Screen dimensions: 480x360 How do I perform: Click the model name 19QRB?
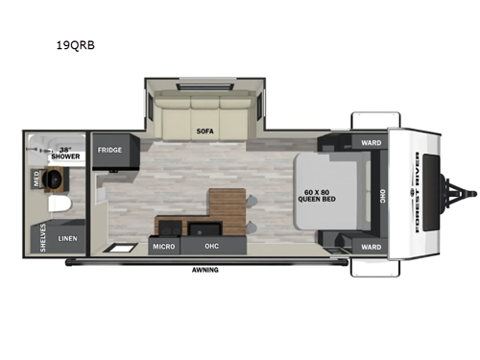click(x=76, y=45)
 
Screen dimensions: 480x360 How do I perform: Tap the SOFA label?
click(x=204, y=132)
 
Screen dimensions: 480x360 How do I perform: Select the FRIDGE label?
click(x=109, y=150)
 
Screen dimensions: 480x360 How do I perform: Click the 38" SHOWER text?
click(x=65, y=154)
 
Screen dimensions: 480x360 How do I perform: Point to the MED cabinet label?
click(x=36, y=180)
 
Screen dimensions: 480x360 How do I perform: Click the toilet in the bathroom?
click(x=60, y=204)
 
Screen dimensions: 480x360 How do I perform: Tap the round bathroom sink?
click(x=53, y=179)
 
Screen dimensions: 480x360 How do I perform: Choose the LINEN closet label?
click(x=67, y=238)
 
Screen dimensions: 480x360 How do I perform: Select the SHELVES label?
click(x=43, y=237)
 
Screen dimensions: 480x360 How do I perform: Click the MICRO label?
click(x=163, y=247)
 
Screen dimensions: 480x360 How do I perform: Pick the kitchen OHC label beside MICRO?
click(x=212, y=246)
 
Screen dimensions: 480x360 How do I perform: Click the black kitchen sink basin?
click(x=204, y=228)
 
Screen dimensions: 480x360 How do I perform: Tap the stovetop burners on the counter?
click(x=170, y=228)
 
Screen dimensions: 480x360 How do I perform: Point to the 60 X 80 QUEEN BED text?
click(x=317, y=196)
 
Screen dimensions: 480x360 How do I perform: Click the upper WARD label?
click(x=372, y=143)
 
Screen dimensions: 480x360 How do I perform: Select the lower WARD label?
click(x=372, y=247)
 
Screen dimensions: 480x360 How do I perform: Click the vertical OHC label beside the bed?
click(x=383, y=196)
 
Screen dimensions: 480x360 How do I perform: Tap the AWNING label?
click(x=205, y=270)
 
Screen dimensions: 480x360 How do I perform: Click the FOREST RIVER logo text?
click(x=417, y=192)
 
